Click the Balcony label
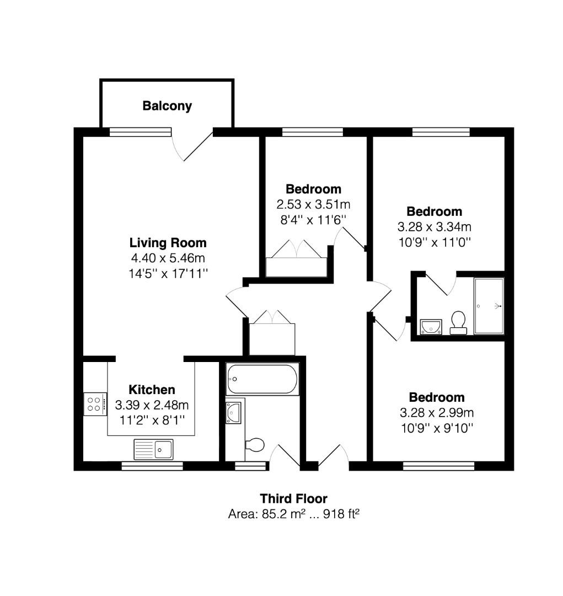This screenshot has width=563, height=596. click(x=167, y=106)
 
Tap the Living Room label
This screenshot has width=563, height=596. click(x=168, y=242)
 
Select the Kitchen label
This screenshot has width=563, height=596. click(x=152, y=390)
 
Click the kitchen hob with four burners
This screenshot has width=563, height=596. click(x=95, y=403)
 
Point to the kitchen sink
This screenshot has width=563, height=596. click(x=153, y=449)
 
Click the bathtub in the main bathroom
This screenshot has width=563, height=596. click(x=262, y=379)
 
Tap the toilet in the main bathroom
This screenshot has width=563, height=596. click(x=254, y=444)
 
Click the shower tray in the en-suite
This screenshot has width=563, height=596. click(x=489, y=306)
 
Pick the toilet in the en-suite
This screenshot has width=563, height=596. click(x=458, y=322)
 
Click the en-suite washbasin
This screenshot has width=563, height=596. click(x=430, y=327)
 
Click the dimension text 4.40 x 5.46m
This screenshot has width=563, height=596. click(x=168, y=257)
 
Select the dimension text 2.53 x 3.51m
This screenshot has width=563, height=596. click(x=313, y=204)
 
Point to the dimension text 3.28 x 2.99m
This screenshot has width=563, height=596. click(x=436, y=412)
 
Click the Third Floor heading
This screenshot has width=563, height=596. click(x=293, y=499)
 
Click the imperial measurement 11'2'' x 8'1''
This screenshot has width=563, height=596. click(x=152, y=420)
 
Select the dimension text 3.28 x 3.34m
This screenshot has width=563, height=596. click(x=434, y=226)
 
